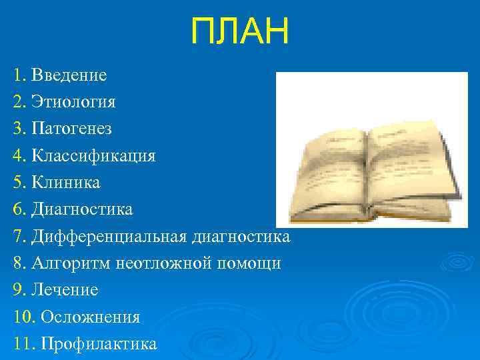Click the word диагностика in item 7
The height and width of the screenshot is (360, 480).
click(x=241, y=237)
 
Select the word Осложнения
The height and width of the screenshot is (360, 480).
click(x=90, y=317)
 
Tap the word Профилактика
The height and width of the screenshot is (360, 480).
click(x=99, y=344)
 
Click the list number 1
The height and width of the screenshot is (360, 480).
click(x=17, y=75)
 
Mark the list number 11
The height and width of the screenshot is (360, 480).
click(x=22, y=344)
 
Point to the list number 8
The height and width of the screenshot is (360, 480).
click(x=18, y=263)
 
